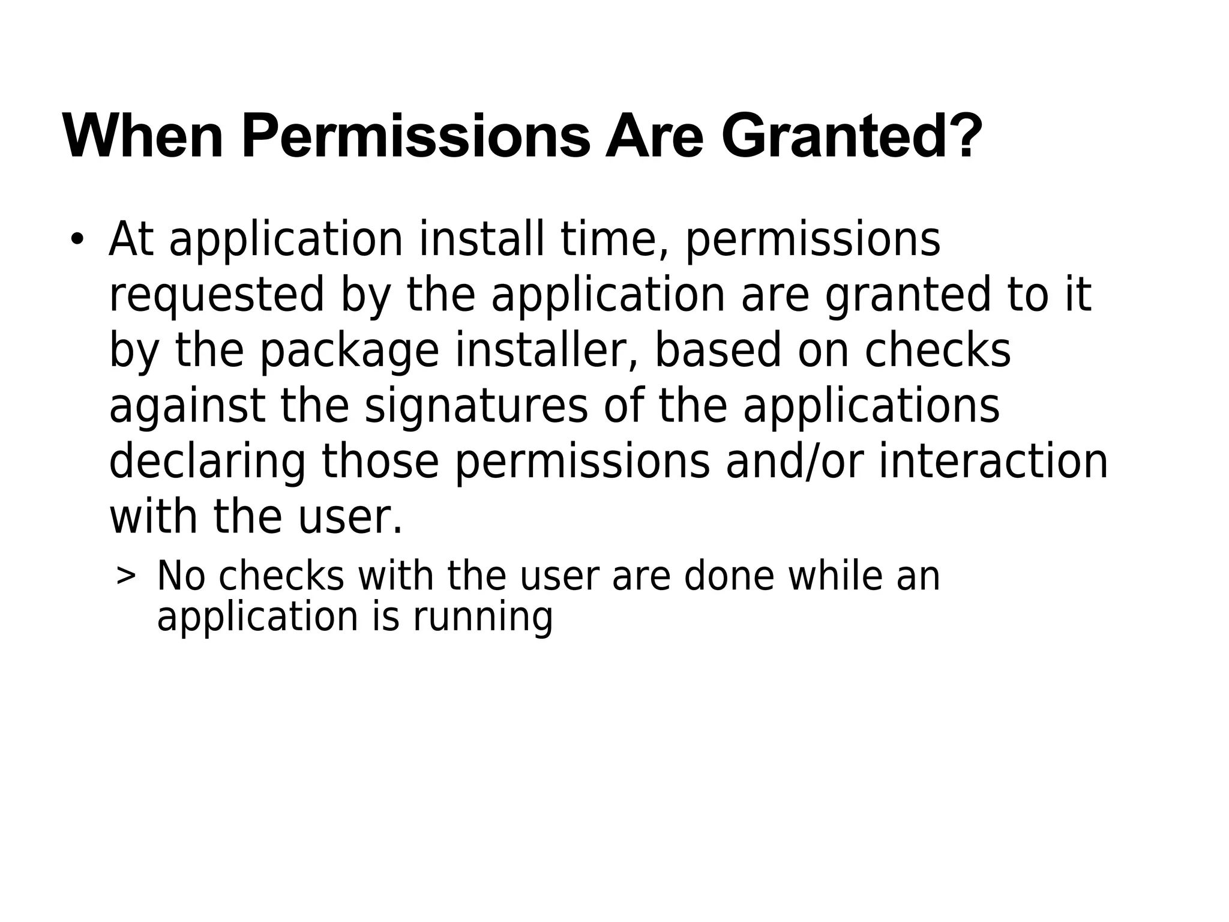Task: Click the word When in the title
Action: (x=143, y=137)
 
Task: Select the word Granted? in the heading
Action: (x=852, y=137)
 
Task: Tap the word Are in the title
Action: (x=654, y=137)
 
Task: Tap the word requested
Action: (x=217, y=295)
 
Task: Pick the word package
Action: (x=349, y=351)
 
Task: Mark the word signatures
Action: (x=476, y=406)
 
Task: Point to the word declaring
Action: (x=208, y=462)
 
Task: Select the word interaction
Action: (x=993, y=462)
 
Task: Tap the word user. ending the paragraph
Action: (x=350, y=517)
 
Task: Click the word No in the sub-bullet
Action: (x=181, y=576)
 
